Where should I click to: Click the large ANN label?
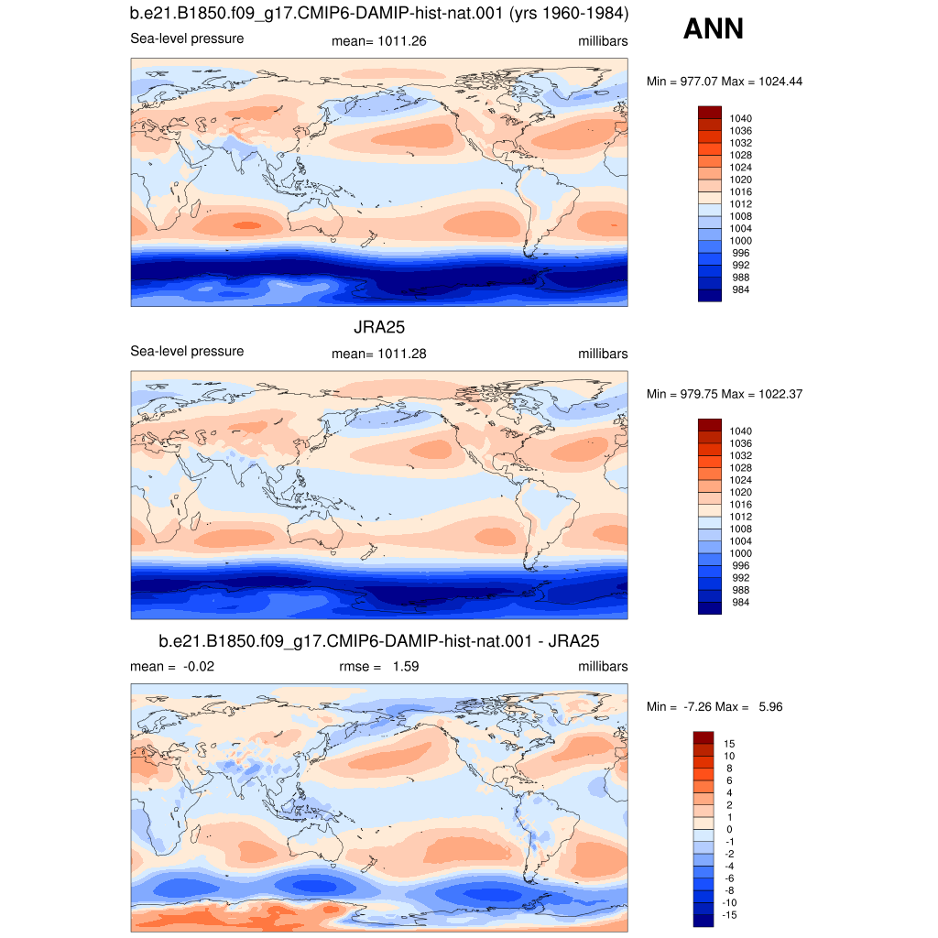(x=713, y=28)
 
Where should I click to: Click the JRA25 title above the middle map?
(x=379, y=327)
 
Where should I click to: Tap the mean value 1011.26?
(x=402, y=41)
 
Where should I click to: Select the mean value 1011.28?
(x=402, y=354)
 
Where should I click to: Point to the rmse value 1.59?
(x=406, y=667)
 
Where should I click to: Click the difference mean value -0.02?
(x=199, y=667)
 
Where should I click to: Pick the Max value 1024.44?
(x=780, y=82)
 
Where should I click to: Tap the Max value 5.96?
(x=770, y=706)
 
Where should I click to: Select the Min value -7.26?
(x=697, y=706)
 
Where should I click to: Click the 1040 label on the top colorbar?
(x=740, y=118)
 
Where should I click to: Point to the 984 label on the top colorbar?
(x=740, y=289)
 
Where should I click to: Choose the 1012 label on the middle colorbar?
(x=740, y=517)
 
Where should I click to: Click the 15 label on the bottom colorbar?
(x=729, y=744)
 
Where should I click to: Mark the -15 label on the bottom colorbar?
(x=729, y=915)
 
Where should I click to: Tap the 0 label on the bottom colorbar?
(x=729, y=829)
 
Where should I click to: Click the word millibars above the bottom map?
(x=603, y=667)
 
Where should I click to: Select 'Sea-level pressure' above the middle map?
(x=187, y=351)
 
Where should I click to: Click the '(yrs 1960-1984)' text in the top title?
(x=569, y=13)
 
